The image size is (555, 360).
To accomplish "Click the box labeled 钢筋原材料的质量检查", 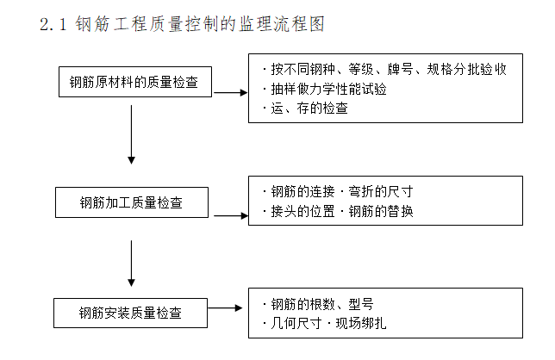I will pos(134,83).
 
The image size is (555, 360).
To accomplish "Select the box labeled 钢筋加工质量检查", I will pos(131,203).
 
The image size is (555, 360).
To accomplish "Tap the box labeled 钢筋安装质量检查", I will pos(131,313).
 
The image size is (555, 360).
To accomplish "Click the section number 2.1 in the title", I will pos(53,25).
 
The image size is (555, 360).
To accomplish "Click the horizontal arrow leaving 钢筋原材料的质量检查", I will pos(230,90).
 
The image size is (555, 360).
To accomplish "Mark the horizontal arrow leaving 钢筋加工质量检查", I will pos(230,215).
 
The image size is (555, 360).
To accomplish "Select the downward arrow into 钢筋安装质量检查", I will pos(131,262).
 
